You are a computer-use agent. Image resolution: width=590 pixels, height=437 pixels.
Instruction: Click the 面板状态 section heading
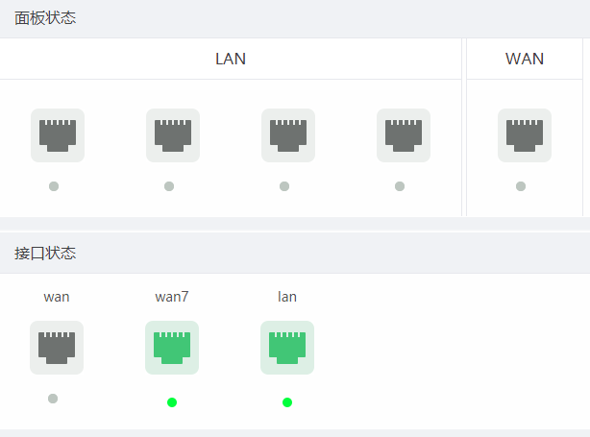click(45, 18)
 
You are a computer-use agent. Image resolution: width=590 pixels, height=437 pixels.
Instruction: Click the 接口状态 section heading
click(45, 254)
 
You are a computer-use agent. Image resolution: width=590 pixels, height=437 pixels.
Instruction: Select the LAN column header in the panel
click(231, 59)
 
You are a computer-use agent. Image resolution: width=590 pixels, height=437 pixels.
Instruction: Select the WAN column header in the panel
click(525, 59)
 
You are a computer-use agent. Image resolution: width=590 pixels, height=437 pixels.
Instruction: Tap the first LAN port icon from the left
click(58, 135)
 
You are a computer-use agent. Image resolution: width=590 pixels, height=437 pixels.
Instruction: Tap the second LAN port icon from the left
click(173, 135)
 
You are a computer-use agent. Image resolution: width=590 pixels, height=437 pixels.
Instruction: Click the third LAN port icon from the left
click(288, 135)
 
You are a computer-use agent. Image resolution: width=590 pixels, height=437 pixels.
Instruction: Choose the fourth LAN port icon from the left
click(404, 135)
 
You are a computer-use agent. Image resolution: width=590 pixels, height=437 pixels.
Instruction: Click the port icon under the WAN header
click(525, 135)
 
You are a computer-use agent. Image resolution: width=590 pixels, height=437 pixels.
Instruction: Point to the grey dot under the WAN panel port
click(521, 186)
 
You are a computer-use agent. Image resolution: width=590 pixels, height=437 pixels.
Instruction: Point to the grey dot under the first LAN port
click(54, 186)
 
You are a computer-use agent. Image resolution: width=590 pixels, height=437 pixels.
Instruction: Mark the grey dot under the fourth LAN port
click(400, 186)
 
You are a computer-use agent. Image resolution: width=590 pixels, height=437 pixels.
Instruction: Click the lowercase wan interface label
click(57, 297)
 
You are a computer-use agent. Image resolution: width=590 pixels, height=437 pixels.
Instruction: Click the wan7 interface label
click(172, 297)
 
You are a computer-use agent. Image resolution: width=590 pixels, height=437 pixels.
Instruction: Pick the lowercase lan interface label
click(287, 297)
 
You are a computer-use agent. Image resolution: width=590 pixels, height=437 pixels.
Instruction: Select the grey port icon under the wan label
click(57, 348)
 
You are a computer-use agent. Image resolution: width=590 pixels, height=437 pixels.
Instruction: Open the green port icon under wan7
click(172, 348)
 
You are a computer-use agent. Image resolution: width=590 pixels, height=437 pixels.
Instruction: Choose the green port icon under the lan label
click(287, 348)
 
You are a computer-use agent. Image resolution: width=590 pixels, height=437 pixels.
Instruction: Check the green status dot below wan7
click(172, 401)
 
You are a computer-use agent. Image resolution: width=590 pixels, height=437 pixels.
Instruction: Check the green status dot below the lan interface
click(287, 401)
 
